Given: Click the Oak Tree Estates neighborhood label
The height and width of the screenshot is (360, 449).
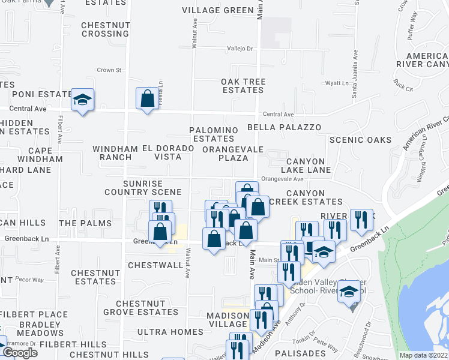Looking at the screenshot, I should [243, 86].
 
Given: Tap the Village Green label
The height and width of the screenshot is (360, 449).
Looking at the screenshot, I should [218, 10].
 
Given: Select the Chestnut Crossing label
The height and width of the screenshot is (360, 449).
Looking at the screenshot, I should [104, 29].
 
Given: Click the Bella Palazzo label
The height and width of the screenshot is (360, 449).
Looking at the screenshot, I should [284, 128].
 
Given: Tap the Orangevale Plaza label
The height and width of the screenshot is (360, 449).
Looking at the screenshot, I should [225, 153].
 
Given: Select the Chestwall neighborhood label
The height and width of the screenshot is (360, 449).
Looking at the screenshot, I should [155, 265].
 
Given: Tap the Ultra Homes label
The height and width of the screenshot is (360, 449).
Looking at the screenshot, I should [170, 332].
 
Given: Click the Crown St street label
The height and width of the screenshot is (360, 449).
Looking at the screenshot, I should [109, 70].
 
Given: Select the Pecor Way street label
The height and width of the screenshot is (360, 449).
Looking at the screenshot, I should [30, 280].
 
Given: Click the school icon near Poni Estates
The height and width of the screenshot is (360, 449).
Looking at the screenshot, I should [82, 99].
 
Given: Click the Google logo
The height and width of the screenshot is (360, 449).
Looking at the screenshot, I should [20, 353].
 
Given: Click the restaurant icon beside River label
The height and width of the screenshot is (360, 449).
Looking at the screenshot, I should [361, 220].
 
